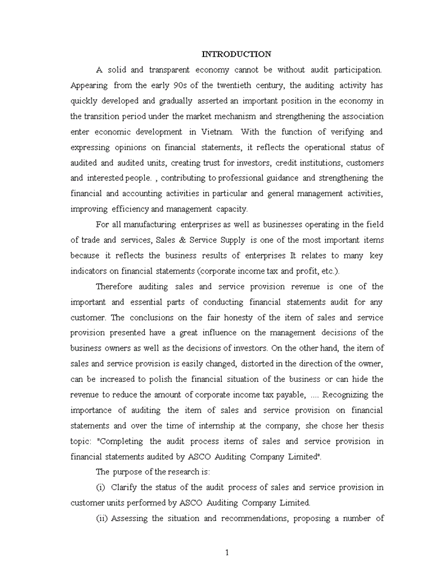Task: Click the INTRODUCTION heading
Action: [236, 54]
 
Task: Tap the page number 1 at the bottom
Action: [227, 552]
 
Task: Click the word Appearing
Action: [89, 85]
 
